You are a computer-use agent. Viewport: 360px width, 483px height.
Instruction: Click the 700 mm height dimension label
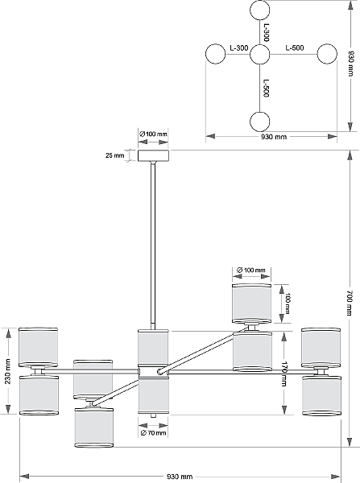(349, 303)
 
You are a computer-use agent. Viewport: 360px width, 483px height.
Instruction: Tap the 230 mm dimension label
(8, 371)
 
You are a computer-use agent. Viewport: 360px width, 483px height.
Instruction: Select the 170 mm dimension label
(283, 374)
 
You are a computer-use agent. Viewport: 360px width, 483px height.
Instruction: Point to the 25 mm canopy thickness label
(114, 155)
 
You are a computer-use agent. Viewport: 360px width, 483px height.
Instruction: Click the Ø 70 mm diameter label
(153, 433)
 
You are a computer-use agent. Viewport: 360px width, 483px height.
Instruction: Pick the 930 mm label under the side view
(180, 477)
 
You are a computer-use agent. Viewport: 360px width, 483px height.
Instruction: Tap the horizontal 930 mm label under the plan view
(274, 137)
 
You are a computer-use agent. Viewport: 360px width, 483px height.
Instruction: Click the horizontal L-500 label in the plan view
(294, 47)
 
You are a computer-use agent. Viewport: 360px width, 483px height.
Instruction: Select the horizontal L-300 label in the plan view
(239, 48)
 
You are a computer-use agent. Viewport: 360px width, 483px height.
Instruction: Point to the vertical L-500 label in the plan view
(267, 89)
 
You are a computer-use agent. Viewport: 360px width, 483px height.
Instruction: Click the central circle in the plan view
(259, 55)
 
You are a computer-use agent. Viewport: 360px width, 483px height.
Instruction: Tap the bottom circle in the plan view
(259, 122)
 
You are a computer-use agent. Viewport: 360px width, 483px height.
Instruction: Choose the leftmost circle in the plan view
(216, 54)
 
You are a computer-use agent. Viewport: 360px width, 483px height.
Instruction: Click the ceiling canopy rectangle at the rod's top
(153, 155)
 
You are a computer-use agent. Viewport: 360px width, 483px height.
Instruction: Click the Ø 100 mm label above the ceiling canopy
(153, 134)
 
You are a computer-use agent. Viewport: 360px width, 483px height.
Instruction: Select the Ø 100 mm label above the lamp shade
(251, 270)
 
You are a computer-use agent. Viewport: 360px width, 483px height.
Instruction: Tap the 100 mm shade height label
(287, 303)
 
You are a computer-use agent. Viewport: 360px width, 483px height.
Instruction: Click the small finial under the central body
(153, 415)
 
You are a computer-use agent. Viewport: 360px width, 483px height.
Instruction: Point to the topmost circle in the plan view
(260, 10)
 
